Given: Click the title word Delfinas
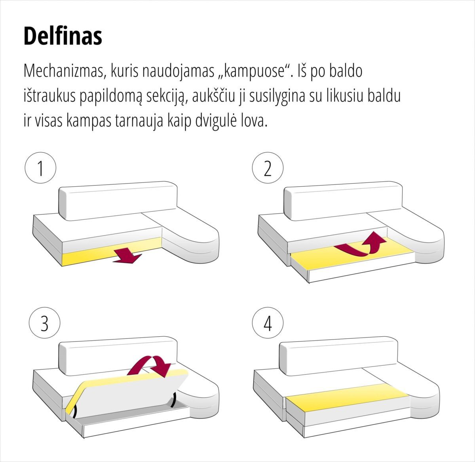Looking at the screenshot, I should (x=63, y=36).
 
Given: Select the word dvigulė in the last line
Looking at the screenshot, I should (x=216, y=121).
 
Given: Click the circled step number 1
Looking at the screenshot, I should (x=40, y=169).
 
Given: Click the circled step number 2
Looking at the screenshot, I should (x=268, y=169).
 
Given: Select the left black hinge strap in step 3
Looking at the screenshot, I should (x=75, y=410).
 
